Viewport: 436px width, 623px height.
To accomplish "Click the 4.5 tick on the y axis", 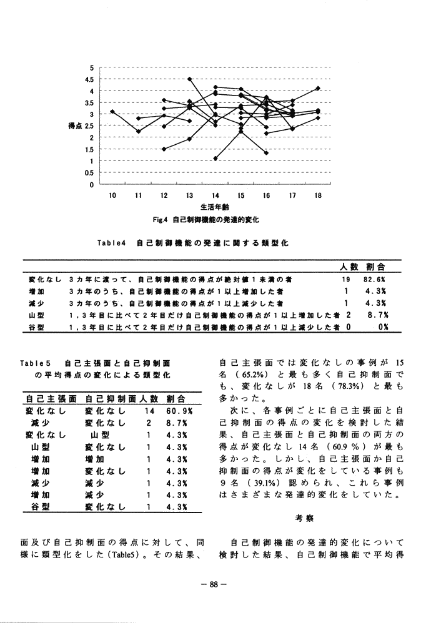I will [89, 79].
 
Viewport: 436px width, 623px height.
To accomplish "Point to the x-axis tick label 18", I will [318, 195].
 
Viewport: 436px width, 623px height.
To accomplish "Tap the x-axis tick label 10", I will [112, 195].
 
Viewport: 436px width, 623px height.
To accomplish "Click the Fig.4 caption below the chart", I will [214, 220].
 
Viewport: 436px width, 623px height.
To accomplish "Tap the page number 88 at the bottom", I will [214, 585].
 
